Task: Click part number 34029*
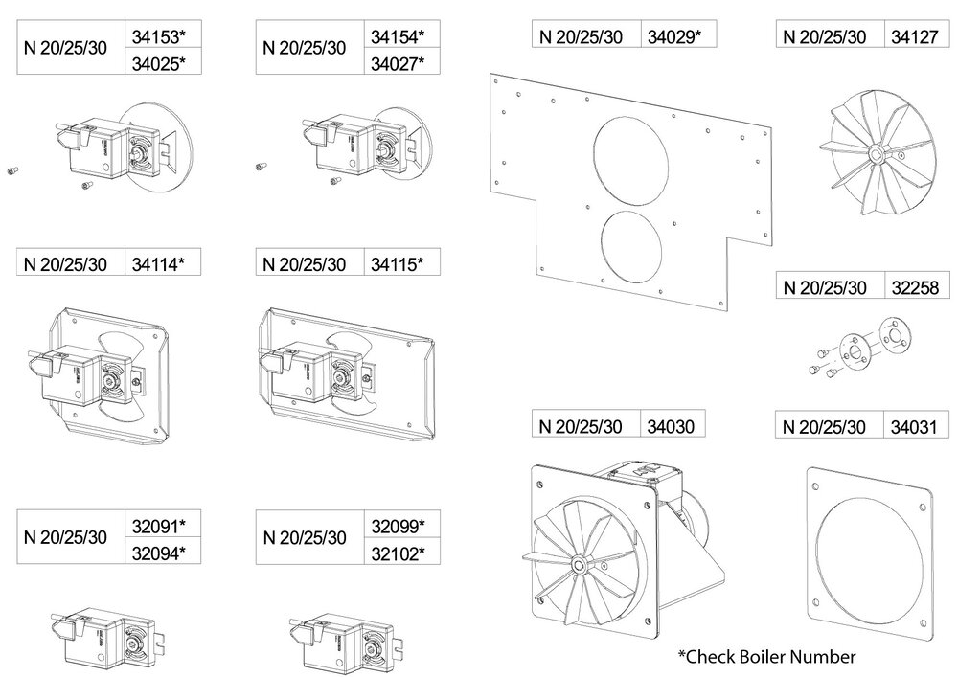[674, 36]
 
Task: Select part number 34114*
[156, 263]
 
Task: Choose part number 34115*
[396, 263]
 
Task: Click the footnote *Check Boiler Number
[766, 657]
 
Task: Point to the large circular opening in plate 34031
[869, 556]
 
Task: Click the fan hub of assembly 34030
[581, 559]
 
